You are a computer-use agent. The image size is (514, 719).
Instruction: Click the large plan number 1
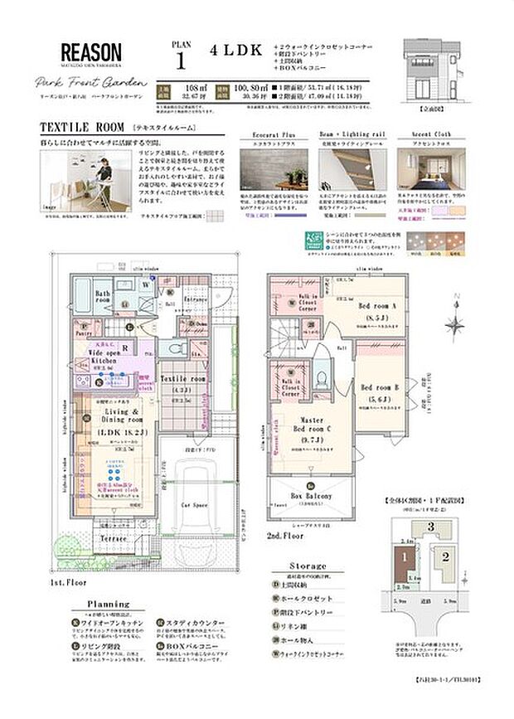click(x=180, y=60)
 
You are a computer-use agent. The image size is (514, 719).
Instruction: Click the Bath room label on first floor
click(x=104, y=298)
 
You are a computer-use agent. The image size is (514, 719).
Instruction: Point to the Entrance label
click(x=196, y=299)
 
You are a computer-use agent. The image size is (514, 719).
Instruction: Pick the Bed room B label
click(x=381, y=388)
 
